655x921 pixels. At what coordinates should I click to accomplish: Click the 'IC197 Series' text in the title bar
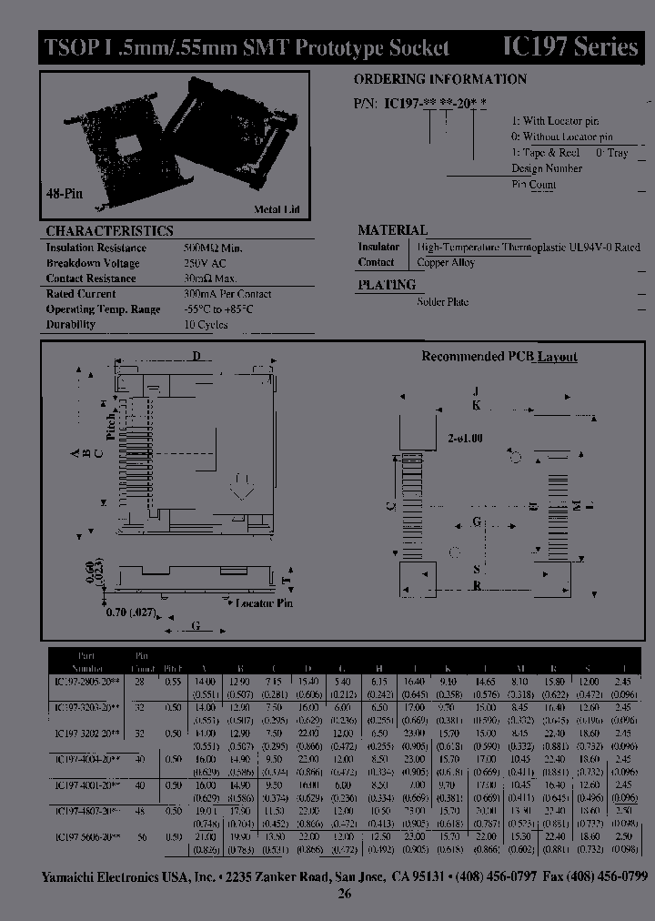[570, 47]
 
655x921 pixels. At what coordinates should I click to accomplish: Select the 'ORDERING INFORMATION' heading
[439, 79]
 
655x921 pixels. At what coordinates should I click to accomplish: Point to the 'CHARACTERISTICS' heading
[109, 231]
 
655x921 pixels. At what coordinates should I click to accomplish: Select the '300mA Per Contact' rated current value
[227, 294]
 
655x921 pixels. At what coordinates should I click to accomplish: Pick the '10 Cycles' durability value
[207, 324]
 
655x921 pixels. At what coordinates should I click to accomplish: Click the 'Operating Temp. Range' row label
[103, 309]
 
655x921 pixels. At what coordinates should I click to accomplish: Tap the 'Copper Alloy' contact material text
[446, 263]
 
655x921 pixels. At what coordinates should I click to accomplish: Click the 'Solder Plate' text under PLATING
[443, 301]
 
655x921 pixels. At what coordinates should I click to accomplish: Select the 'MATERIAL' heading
[392, 230]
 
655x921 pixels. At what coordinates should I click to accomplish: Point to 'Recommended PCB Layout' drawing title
[499, 357]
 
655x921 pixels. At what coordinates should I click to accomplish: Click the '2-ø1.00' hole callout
[465, 438]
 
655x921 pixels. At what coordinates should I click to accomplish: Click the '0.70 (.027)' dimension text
[130, 612]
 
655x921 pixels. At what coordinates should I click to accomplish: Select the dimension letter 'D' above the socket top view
[195, 355]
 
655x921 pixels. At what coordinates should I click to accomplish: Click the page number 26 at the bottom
[344, 894]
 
